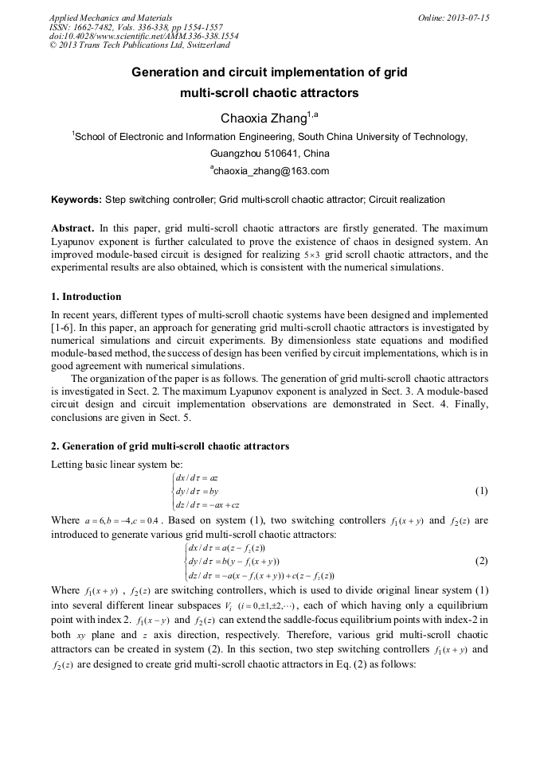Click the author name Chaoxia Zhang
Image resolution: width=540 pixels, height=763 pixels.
pos(263,119)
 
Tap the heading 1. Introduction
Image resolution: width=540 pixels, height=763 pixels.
pos(86,297)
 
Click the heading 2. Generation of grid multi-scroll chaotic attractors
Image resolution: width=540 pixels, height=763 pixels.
pos(170,446)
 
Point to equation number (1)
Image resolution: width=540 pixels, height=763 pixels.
pos(480,491)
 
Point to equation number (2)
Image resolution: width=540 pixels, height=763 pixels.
pos(480,560)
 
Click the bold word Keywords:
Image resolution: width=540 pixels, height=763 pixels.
pos(76,200)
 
